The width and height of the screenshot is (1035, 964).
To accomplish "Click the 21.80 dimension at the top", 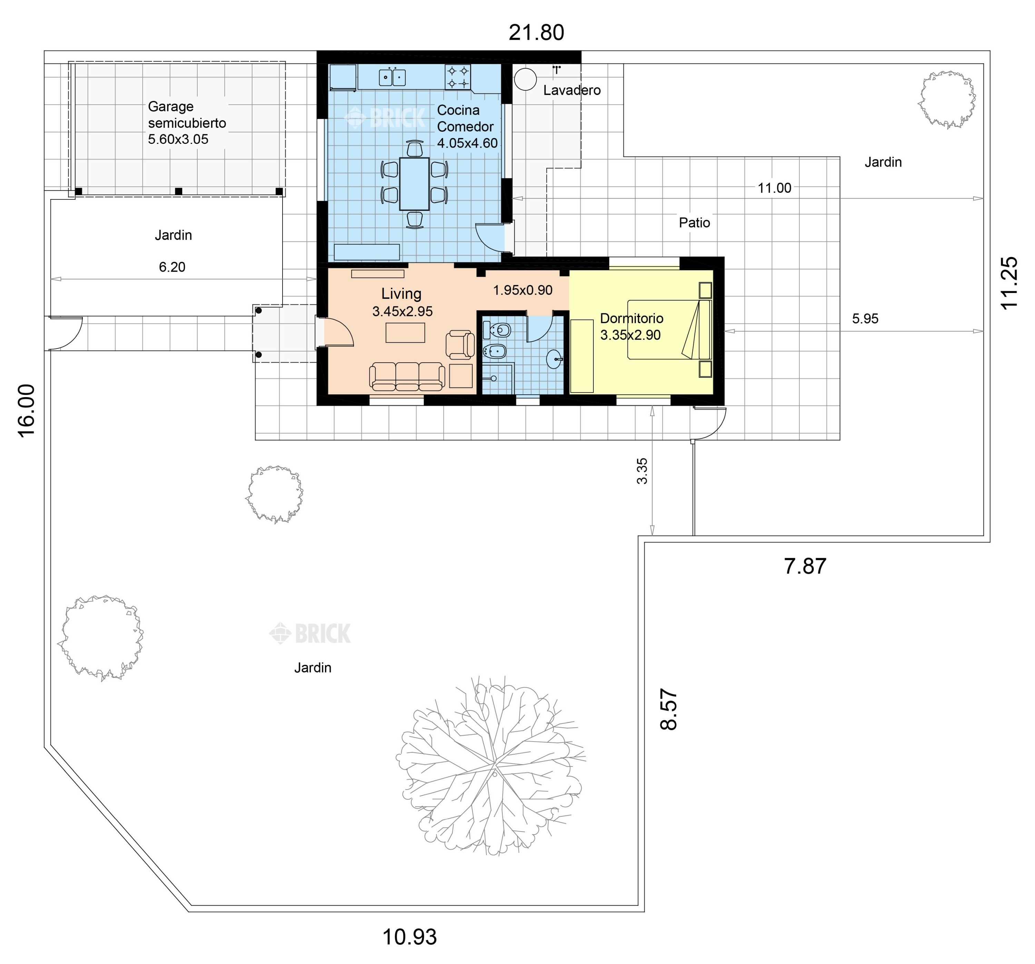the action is point(536,32).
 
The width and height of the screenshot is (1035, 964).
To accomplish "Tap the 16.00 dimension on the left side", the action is point(27,411).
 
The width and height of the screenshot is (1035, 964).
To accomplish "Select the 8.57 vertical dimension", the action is point(669,709).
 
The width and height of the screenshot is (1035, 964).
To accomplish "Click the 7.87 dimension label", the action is point(805,566).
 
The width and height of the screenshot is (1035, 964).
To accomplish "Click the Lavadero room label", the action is point(572,90).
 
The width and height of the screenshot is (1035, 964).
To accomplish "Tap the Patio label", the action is point(694,223).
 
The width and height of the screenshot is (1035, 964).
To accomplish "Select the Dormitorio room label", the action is point(631,318).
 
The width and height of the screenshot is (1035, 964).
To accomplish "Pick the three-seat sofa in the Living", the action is point(407,376).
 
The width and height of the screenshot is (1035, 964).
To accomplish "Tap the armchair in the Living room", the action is point(460,345).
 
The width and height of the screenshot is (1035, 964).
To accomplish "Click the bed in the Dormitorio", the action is point(669,329).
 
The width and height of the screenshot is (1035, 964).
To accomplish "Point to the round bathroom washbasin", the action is point(554,359).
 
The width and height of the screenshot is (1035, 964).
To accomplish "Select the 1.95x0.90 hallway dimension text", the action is point(523,290).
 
